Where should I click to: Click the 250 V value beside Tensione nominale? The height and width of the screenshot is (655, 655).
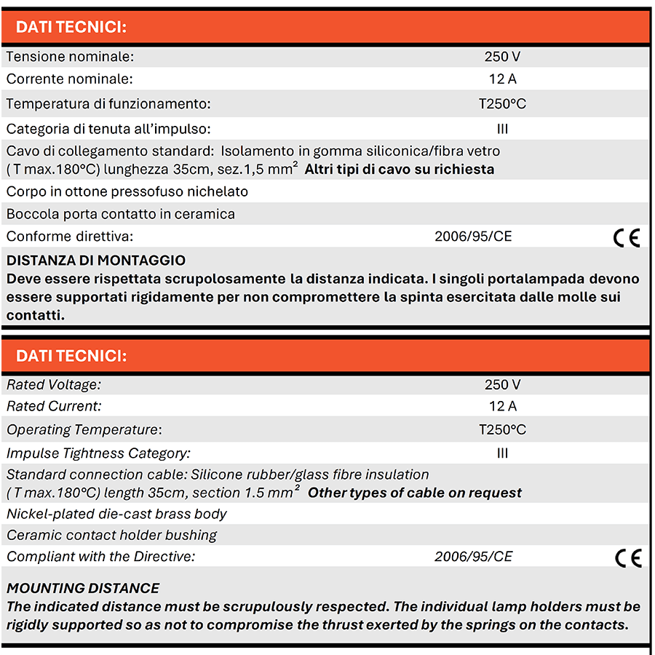pyautogui.click(x=502, y=56)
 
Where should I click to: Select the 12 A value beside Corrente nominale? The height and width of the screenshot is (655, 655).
pyautogui.click(x=502, y=79)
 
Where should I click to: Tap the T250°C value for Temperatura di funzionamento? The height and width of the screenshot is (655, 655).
pyautogui.click(x=502, y=103)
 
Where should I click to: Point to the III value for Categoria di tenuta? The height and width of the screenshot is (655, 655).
pyautogui.click(x=502, y=129)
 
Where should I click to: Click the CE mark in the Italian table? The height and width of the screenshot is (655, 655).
pyautogui.click(x=627, y=237)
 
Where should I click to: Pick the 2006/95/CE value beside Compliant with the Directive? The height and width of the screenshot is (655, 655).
pyautogui.click(x=474, y=557)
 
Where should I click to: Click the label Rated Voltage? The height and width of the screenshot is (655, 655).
pyautogui.click(x=54, y=384)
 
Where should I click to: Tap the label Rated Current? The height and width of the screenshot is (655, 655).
pyautogui.click(x=54, y=406)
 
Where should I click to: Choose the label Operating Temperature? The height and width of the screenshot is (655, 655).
pyautogui.click(x=84, y=429)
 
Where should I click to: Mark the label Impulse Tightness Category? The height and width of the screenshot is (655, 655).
pyautogui.click(x=98, y=453)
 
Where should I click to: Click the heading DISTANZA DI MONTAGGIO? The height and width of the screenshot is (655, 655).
pyautogui.click(x=96, y=260)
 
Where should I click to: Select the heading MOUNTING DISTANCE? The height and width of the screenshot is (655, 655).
pyautogui.click(x=83, y=588)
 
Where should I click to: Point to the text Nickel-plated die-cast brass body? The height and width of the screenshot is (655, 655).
pyautogui.click(x=116, y=514)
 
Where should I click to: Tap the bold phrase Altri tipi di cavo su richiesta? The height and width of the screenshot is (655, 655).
pyautogui.click(x=400, y=170)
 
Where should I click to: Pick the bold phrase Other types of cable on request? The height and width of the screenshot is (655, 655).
pyautogui.click(x=415, y=493)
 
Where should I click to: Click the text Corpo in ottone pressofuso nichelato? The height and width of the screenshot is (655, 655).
pyautogui.click(x=127, y=191)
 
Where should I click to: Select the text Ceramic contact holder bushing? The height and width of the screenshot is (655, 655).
pyautogui.click(x=112, y=535)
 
